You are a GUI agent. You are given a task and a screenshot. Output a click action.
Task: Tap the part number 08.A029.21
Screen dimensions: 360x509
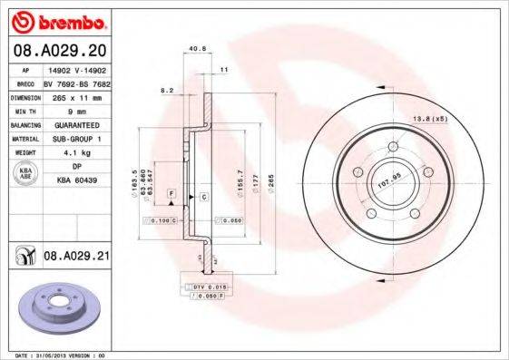75,258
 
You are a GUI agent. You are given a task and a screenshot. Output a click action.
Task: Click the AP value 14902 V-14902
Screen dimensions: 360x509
77,70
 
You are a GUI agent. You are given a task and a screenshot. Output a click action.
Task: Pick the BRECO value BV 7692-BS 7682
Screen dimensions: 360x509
77,83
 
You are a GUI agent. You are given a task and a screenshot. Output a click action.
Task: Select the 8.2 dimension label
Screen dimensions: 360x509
167,91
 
